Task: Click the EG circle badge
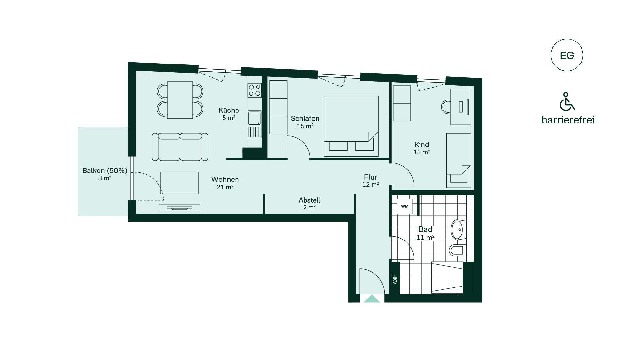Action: (567, 55)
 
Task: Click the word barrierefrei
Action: (568, 120)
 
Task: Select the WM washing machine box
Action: (405, 206)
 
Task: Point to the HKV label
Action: (395, 279)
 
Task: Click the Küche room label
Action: (229, 110)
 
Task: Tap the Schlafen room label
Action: (305, 118)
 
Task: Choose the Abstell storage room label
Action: (309, 200)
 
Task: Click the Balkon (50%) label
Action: (105, 170)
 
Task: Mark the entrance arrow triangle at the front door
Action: (372, 299)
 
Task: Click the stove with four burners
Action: (254, 90)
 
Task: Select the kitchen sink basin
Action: (254, 118)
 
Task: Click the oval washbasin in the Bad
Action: (457, 230)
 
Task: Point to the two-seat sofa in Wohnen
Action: (180, 147)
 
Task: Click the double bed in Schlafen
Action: (351, 126)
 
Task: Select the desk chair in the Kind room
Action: (446, 107)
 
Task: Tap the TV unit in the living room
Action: (179, 208)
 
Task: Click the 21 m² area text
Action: (225, 187)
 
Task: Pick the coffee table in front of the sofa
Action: (179, 183)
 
